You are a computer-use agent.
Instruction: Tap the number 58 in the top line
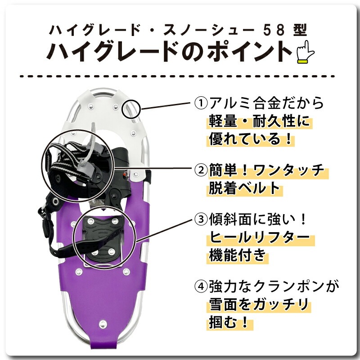(282, 30)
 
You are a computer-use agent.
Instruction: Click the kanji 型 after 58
(301, 30)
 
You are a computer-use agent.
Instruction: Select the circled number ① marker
(200, 104)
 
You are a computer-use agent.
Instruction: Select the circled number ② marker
(200, 171)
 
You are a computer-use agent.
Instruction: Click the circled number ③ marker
(200, 220)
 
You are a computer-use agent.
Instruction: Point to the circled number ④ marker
(200, 286)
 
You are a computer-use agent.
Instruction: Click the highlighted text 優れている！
(250, 139)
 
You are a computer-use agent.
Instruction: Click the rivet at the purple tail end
(102, 324)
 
